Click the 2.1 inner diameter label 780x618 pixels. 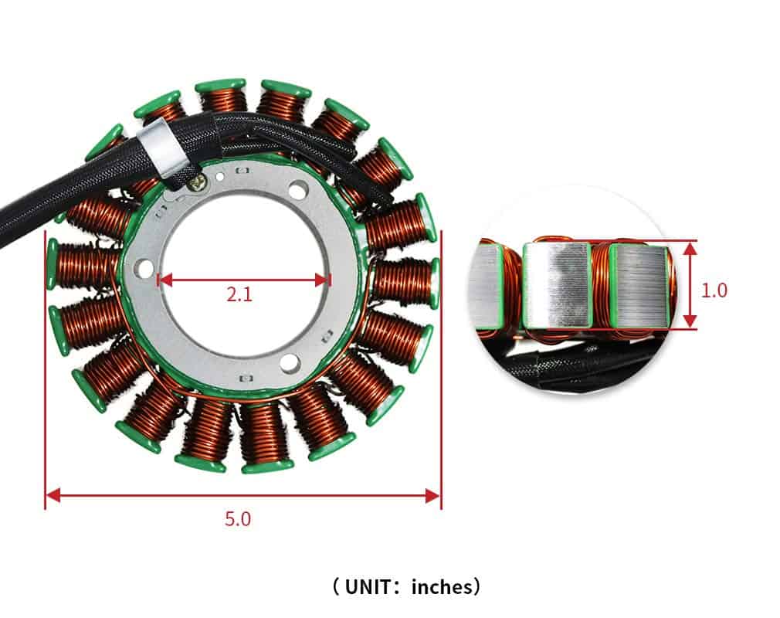click(239, 294)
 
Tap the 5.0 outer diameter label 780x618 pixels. click(238, 518)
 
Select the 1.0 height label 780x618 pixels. click(714, 290)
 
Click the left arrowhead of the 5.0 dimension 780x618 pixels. click(52, 495)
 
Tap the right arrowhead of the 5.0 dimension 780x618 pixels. click(434, 495)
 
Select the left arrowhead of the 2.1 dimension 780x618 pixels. click(164, 280)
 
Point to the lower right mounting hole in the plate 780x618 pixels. click(290, 362)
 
